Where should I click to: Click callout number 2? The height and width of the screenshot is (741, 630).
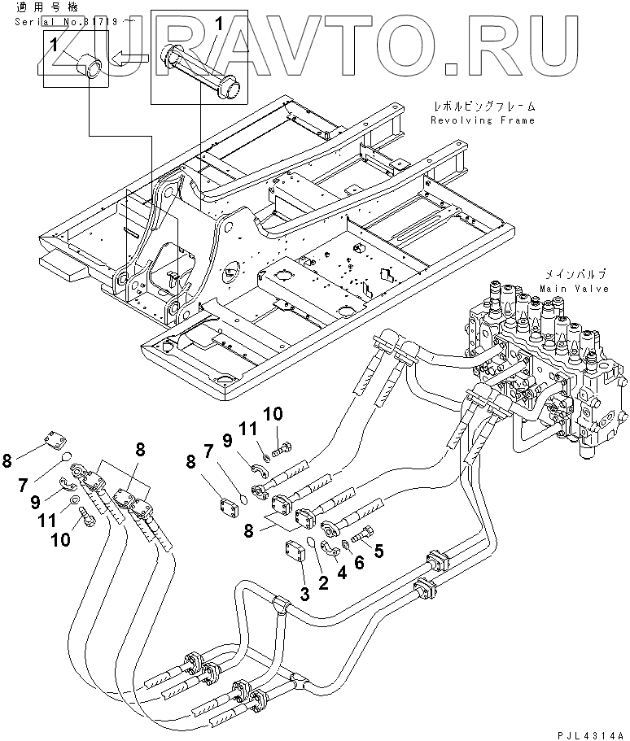(x=323, y=583)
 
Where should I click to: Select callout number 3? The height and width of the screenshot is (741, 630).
(x=304, y=595)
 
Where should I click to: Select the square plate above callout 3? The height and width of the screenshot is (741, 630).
(x=295, y=553)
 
